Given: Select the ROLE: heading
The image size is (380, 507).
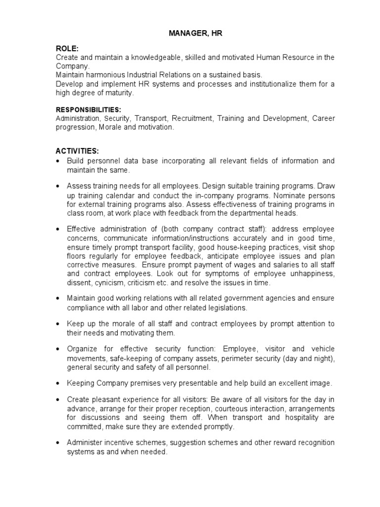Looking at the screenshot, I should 67,48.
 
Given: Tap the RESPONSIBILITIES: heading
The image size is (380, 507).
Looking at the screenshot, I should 89,109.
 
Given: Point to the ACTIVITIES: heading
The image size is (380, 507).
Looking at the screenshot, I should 78,151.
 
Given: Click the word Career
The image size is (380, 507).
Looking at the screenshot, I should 323,119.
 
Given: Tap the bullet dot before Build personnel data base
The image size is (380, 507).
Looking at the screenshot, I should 59,161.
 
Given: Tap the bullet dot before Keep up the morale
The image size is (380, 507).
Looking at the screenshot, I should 59,324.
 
